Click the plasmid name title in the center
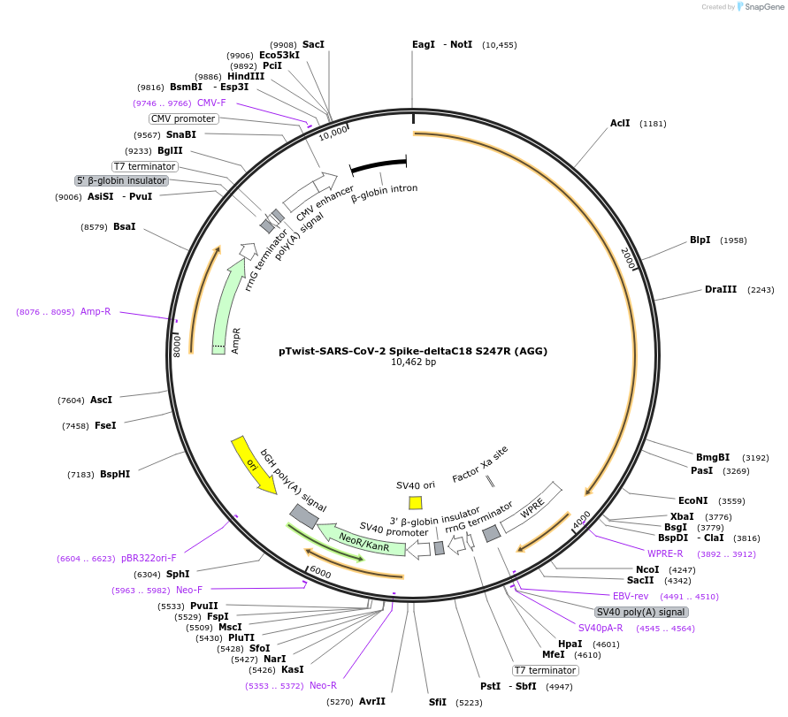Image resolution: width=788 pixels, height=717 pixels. click(x=413, y=351)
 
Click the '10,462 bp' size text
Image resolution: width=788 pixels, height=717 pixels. click(x=413, y=362)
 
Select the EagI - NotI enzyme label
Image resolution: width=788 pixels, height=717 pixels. click(x=442, y=44)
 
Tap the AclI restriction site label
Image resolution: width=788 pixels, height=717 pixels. click(x=620, y=123)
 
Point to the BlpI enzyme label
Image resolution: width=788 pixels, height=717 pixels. click(x=700, y=240)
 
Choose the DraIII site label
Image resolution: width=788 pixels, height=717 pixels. click(x=720, y=289)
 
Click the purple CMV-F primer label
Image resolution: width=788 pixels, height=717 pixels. click(x=211, y=103)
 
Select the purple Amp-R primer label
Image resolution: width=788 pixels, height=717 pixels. click(x=96, y=311)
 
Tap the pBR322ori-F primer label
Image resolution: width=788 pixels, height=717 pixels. click(x=149, y=558)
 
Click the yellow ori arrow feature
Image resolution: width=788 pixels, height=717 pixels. click(x=253, y=464)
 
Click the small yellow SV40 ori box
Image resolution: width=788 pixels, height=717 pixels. click(x=416, y=502)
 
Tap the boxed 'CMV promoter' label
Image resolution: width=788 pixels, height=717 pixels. click(x=183, y=118)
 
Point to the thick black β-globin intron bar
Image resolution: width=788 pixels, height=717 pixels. click(x=379, y=165)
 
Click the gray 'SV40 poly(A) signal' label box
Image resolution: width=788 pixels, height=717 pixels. click(x=640, y=612)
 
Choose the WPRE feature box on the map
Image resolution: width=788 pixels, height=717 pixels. click(x=532, y=507)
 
